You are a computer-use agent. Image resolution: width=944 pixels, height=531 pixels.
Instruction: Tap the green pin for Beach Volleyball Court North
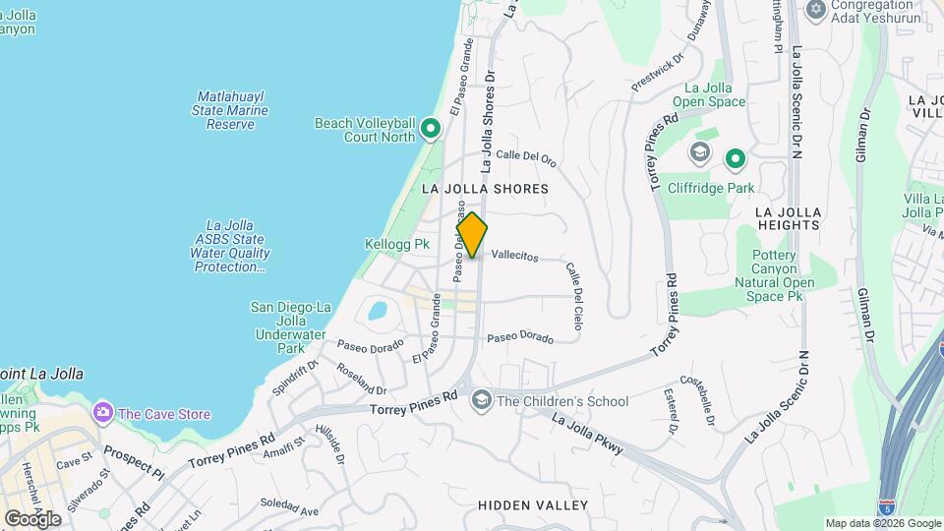point(430,130)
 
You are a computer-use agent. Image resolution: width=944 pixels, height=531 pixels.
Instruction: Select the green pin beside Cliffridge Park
point(735,158)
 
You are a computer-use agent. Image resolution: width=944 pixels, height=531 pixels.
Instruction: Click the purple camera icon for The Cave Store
point(101,413)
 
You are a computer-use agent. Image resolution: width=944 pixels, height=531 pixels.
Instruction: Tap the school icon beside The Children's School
point(481,399)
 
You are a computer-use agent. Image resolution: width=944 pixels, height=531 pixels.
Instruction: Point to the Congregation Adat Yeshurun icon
point(814,10)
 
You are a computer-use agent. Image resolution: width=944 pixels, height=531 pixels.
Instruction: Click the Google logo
point(32,519)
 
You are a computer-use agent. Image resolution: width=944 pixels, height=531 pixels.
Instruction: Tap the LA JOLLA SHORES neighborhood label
point(485,188)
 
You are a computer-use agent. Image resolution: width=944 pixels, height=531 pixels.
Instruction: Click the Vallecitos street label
point(514,256)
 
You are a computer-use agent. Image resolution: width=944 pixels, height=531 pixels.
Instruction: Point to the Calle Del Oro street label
point(526,155)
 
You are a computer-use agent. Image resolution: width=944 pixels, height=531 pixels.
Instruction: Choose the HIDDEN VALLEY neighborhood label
point(532,505)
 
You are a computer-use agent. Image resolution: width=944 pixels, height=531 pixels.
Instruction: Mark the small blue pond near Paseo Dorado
point(376,312)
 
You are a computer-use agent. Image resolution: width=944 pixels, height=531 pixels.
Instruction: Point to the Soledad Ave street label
point(296,510)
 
